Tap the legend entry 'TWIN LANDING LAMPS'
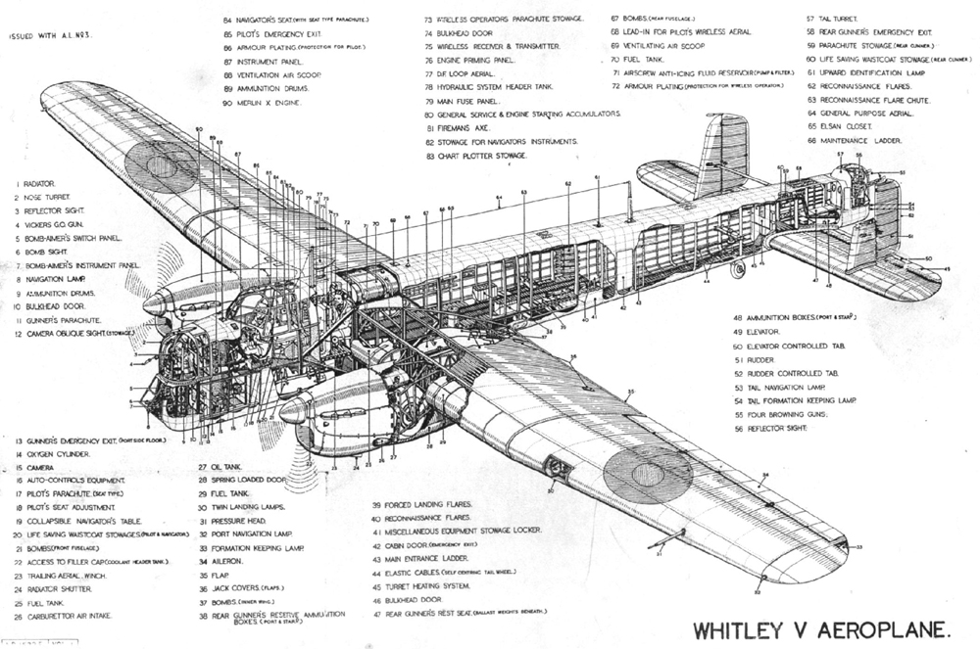(246, 507)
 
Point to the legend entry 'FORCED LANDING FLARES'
(428, 505)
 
